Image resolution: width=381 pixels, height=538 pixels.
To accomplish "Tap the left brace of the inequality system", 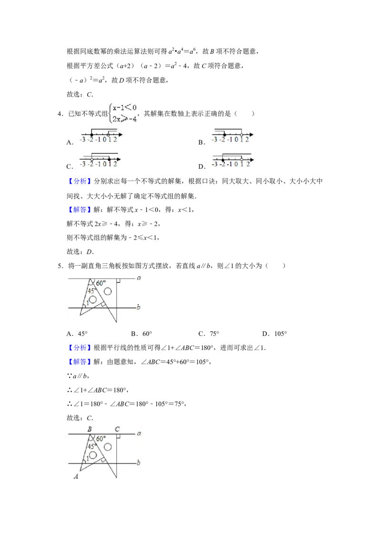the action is (x=110, y=114).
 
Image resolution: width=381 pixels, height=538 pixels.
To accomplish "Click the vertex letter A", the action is (x=76, y=476).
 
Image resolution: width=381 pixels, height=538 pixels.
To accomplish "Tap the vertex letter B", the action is (x=90, y=429).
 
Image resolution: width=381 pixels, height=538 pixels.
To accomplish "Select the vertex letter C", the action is (x=117, y=429).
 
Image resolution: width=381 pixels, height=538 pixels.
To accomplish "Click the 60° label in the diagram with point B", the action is (x=101, y=439).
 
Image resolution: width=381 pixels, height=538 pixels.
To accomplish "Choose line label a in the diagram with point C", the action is (x=139, y=433).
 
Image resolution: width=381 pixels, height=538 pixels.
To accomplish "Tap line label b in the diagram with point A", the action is (x=138, y=462).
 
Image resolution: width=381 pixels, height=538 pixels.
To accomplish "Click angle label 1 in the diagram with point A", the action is (x=87, y=459).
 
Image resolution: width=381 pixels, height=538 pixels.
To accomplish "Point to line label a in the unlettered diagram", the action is (x=139, y=278).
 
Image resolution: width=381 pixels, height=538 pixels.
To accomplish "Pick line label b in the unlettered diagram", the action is (x=138, y=307).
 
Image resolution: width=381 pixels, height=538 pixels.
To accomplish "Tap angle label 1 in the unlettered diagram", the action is (x=87, y=303).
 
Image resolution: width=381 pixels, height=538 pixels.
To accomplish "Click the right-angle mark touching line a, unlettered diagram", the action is (x=118, y=281).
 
